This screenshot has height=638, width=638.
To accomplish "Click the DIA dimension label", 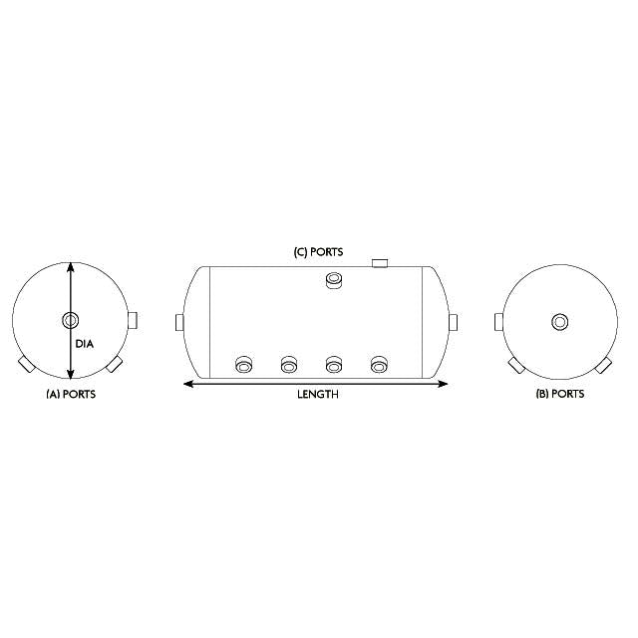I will (84, 344).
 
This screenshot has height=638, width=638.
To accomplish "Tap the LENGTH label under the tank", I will (318, 395).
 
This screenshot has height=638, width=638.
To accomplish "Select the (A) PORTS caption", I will (71, 395).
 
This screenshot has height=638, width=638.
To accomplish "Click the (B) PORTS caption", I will (560, 395).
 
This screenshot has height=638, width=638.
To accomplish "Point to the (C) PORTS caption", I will (318, 252).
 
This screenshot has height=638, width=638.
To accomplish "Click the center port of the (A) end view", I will (70, 321).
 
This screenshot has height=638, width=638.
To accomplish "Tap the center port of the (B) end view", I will (561, 321).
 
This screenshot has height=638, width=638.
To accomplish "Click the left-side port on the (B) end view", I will (498, 321).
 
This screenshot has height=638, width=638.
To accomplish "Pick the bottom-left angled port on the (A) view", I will (25, 365).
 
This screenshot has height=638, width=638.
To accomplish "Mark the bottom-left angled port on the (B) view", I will (516, 365).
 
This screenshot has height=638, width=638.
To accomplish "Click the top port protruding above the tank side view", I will (380, 262).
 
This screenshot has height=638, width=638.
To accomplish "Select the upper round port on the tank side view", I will (334, 282).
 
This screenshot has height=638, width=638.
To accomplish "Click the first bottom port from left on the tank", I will (242, 365).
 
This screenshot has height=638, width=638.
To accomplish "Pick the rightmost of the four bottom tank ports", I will (379, 365).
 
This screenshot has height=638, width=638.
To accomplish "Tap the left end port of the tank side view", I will (179, 322).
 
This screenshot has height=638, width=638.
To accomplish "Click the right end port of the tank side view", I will (453, 322).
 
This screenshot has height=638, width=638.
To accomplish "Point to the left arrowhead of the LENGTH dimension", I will (184, 383).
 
